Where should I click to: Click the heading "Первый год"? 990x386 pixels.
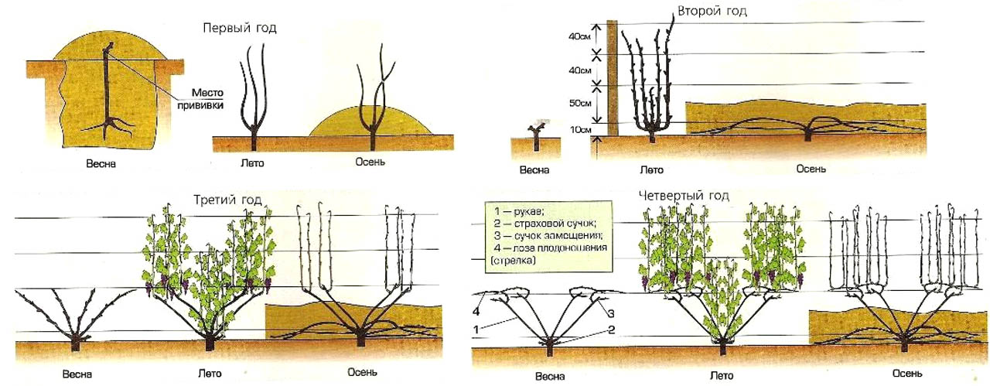(x=239, y=28)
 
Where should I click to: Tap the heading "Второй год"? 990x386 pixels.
(x=712, y=12)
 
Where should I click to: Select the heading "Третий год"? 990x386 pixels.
(x=227, y=200)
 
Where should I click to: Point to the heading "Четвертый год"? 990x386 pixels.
(x=684, y=196)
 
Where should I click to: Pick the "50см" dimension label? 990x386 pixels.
(x=579, y=102)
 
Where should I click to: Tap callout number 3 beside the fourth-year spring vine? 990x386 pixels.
(x=609, y=313)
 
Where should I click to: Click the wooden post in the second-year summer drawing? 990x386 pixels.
(x=613, y=77)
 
